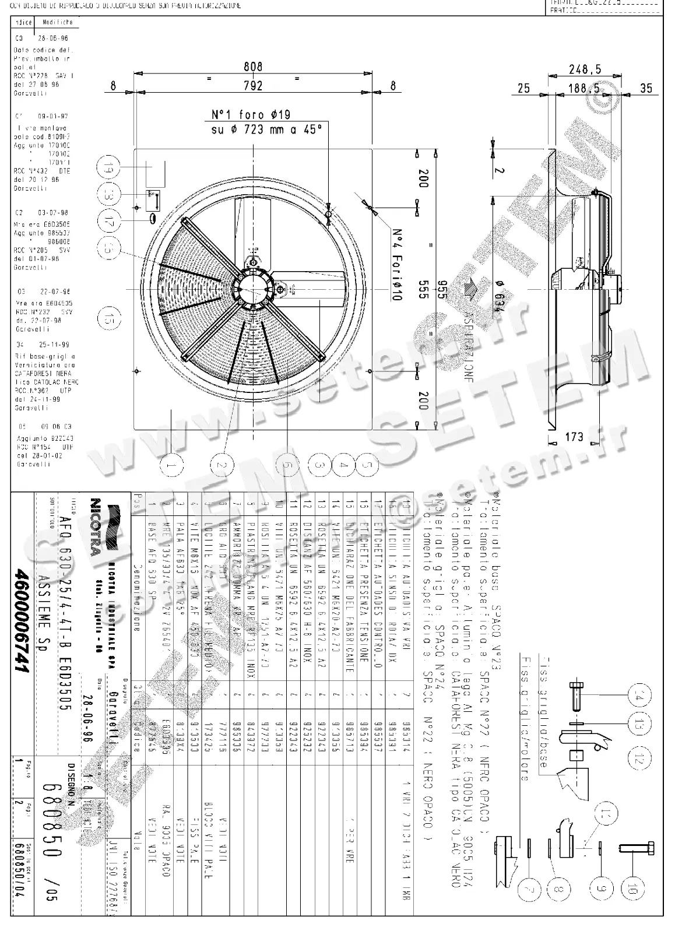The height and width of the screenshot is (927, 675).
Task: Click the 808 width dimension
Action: [x=253, y=68]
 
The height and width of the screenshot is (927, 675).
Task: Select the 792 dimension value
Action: [x=253, y=86]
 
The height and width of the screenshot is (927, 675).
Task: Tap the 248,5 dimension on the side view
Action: [x=584, y=69]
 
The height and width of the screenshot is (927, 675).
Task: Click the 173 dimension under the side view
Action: [x=575, y=437]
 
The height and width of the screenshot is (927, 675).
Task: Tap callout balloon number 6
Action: [x=286, y=465]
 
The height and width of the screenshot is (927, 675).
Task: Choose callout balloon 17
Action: [x=109, y=222]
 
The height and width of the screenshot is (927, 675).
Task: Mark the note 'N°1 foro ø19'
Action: [x=251, y=115]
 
